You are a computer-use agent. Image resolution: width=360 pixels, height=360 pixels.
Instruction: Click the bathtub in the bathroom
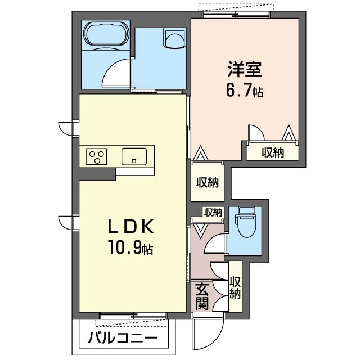point(105,36)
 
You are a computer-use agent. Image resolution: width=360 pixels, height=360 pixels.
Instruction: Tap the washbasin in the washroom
point(174,40)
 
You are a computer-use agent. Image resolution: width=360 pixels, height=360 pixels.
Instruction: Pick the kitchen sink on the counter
point(134,155)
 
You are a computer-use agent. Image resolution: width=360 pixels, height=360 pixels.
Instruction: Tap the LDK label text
point(131,226)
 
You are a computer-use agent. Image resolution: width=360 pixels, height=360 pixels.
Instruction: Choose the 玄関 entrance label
point(202,296)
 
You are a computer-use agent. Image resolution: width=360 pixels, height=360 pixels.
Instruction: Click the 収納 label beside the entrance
point(235,287)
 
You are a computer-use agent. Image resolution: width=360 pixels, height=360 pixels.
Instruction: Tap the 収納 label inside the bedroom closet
point(272,152)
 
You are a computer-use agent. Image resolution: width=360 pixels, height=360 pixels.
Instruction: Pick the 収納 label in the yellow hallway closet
point(206,182)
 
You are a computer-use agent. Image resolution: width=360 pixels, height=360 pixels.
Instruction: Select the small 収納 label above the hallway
point(213,212)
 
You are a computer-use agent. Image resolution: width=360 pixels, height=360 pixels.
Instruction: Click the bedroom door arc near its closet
point(256,132)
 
